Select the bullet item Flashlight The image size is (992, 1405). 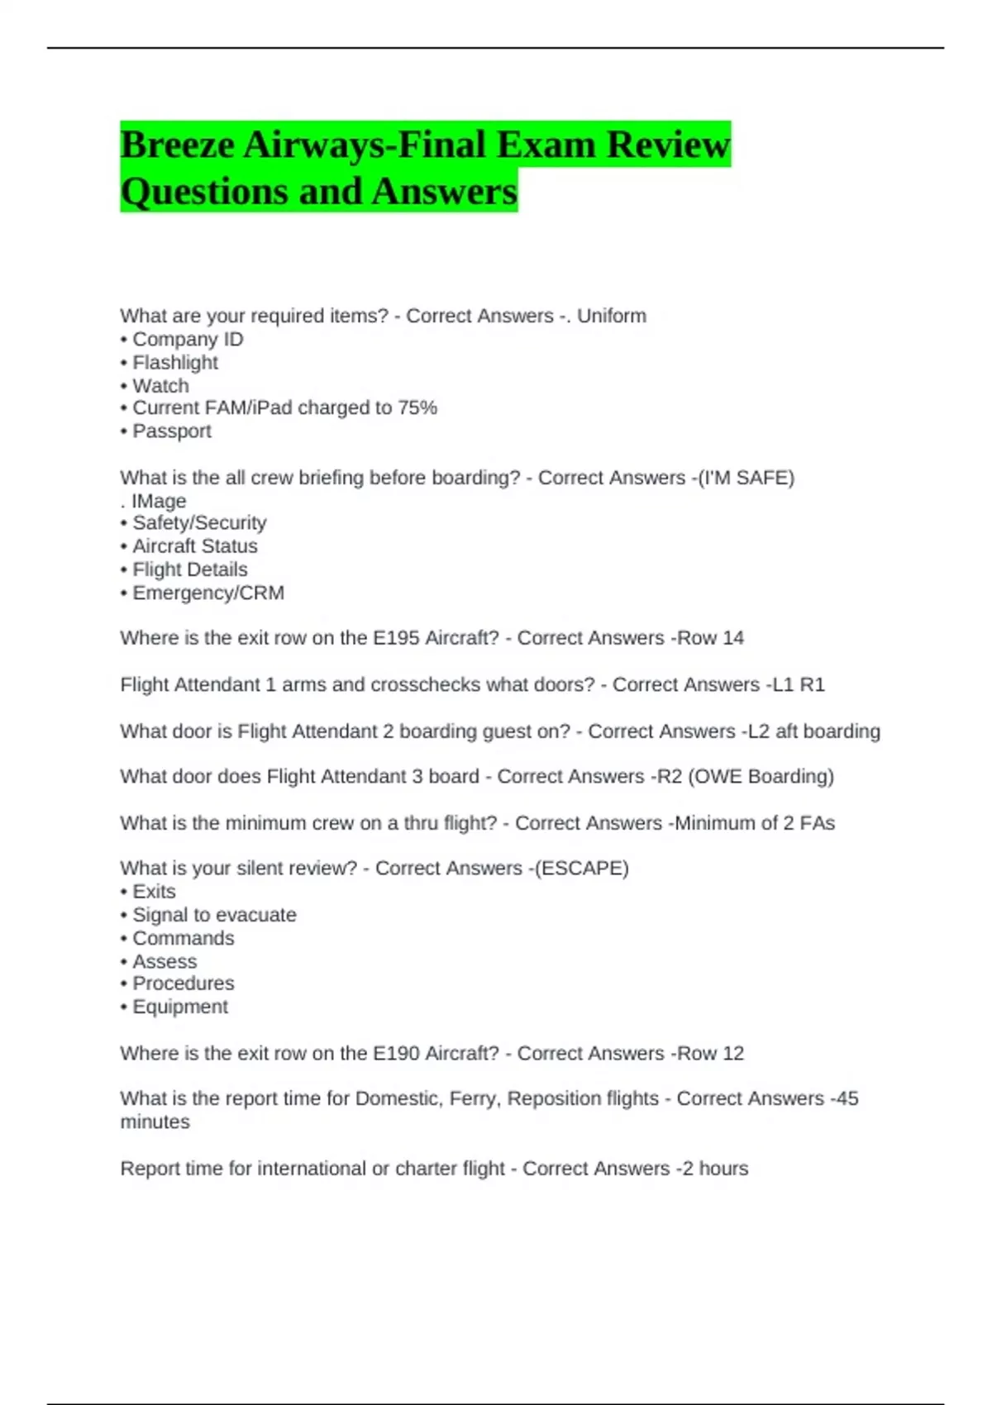tap(175, 363)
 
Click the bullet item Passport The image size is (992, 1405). tap(172, 431)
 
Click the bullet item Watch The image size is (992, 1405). tap(160, 386)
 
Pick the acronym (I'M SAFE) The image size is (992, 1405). tap(746, 478)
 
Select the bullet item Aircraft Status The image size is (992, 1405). tap(195, 546)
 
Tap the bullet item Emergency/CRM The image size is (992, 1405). tap(208, 593)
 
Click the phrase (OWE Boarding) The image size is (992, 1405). tap(761, 777)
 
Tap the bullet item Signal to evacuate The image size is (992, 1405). tap(214, 916)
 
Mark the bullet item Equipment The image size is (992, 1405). tap(180, 1007)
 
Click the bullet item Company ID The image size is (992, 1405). tap(188, 340)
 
